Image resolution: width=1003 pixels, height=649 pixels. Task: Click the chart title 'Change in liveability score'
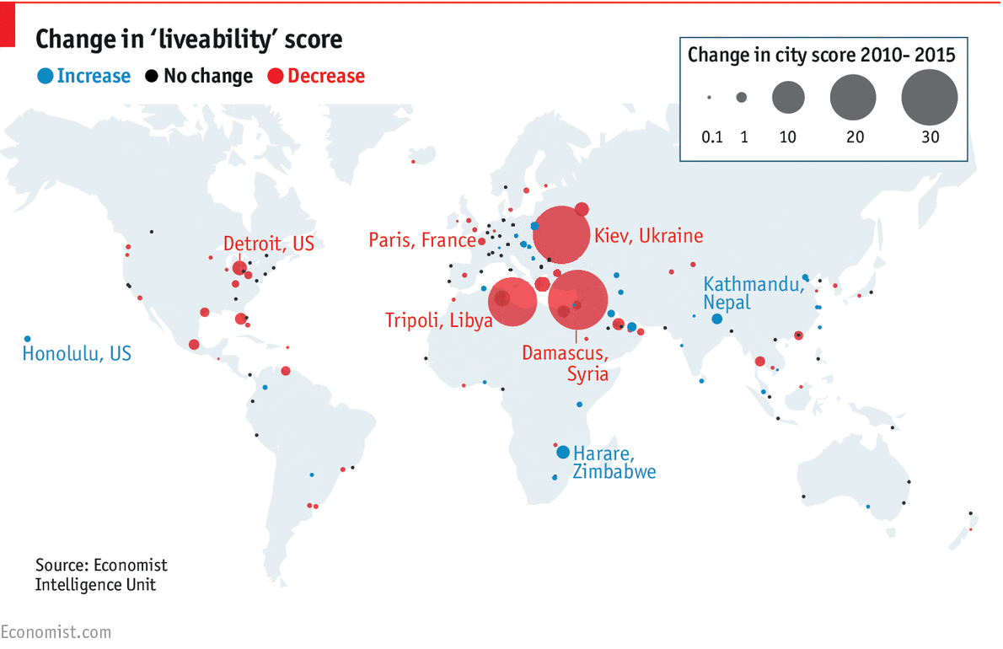click(x=189, y=39)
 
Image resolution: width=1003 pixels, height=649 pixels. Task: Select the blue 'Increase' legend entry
click(x=84, y=76)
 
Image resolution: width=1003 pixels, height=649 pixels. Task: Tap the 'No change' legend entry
click(x=199, y=76)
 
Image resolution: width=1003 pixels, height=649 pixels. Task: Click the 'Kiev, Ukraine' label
click(x=648, y=236)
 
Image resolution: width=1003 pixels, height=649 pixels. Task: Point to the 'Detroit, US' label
click(x=268, y=244)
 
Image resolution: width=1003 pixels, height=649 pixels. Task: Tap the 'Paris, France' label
click(x=422, y=240)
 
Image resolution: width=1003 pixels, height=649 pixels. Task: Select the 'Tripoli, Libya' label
click(x=438, y=320)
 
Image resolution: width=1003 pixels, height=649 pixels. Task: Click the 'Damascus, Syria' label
click(x=565, y=362)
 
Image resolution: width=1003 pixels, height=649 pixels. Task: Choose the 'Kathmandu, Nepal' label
click(x=754, y=292)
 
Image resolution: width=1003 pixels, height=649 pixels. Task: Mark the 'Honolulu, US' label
click(x=77, y=353)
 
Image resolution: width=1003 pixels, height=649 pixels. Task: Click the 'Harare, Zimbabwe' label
click(x=614, y=463)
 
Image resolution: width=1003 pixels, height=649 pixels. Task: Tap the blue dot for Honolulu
click(x=28, y=339)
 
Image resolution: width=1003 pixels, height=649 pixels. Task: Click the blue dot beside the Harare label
click(x=563, y=453)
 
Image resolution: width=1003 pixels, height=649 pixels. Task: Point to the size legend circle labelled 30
click(x=930, y=98)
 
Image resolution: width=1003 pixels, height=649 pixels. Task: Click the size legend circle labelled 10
click(x=788, y=98)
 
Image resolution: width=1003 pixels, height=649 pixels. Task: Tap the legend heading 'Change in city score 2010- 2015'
click(x=821, y=56)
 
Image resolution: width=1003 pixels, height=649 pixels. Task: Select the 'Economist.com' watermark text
click(x=56, y=631)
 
